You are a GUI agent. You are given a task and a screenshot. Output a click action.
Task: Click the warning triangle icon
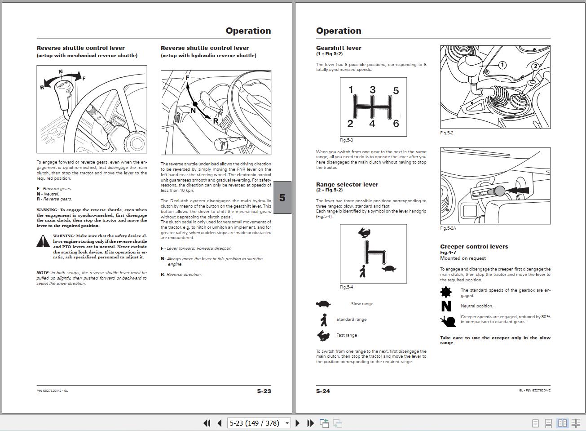[43, 241]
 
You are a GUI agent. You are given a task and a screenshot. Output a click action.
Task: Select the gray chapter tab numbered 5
[282, 198]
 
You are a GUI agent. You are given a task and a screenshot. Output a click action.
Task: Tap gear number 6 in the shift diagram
[396, 124]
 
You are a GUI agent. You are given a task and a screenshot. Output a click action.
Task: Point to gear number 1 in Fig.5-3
[351, 90]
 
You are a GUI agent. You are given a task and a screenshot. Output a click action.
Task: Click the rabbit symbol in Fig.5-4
[364, 232]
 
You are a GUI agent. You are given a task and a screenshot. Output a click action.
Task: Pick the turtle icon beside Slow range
[323, 304]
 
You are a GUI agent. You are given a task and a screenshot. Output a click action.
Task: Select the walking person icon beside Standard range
[323, 320]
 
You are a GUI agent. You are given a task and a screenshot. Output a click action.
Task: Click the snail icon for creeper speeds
[445, 320]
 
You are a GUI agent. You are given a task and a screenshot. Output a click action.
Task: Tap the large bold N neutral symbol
[446, 306]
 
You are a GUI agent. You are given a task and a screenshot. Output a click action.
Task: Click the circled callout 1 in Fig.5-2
[502, 65]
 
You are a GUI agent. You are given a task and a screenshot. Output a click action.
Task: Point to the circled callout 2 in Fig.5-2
[535, 67]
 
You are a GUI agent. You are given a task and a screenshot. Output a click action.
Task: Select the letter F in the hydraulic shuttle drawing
[188, 78]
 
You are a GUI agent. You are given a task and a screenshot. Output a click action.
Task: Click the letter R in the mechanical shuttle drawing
[42, 87]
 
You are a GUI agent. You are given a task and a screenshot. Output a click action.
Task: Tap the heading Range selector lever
[347, 185]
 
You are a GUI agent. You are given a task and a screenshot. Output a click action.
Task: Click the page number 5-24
[323, 391]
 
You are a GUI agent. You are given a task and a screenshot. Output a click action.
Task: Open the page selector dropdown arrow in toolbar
[287, 423]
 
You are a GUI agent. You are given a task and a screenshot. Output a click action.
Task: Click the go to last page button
[310, 423]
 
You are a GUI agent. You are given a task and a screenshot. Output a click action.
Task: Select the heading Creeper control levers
[474, 247]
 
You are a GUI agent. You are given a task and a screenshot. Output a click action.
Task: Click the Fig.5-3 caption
[346, 140]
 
